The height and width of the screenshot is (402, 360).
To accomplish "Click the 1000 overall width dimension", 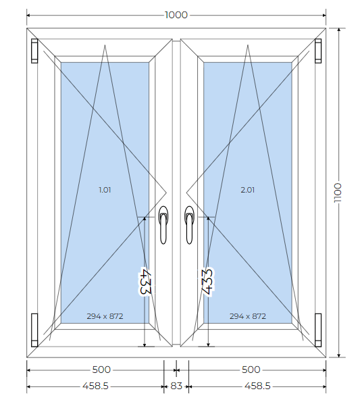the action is click(176, 15).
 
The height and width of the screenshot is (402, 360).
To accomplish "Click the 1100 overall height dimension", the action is click(338, 193).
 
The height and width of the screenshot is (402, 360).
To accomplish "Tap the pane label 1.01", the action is click(105, 190).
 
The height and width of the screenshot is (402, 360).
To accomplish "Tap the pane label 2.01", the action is click(247, 190).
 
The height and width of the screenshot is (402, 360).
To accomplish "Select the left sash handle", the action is click(163, 225).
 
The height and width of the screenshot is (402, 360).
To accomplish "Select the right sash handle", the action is click(189, 225).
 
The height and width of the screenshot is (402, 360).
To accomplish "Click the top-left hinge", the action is click(34, 51).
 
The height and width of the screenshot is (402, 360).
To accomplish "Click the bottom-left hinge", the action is click(34, 330).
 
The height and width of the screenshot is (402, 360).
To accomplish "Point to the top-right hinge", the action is click(318, 51).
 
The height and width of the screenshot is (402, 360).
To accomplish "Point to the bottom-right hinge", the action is click(318, 330).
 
